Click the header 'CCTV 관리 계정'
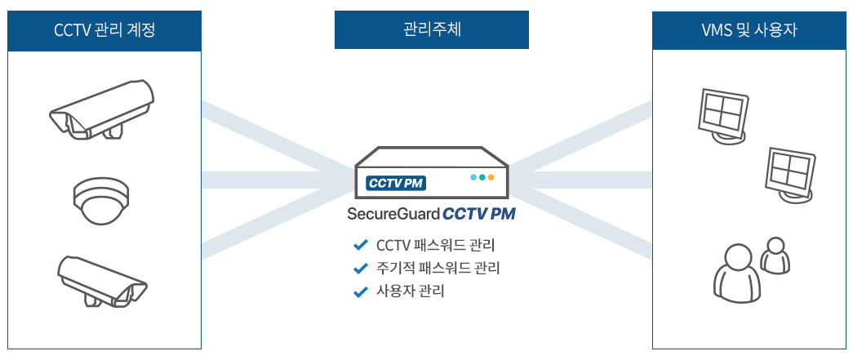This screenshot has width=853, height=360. pos(104,31)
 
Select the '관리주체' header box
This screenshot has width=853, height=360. pos(432,31)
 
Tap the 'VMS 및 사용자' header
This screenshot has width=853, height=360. pos(749,31)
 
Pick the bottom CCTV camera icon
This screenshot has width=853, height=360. pos(101,280)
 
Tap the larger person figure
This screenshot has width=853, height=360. pos(735,272)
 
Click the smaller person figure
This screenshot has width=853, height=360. pos(775,255)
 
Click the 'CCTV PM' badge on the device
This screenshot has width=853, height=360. pos(395,183)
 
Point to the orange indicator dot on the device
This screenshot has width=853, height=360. pos(491,177)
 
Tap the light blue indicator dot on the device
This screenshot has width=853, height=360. pos(473,177)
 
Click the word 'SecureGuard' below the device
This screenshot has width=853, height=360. pos(393,216)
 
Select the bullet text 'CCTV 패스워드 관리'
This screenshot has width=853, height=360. pos(436,245)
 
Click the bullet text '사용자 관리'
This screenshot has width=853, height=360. pos(411,291)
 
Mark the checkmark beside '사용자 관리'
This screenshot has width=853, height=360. pos(360,291)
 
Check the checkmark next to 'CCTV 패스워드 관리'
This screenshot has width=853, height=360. pos(360,245)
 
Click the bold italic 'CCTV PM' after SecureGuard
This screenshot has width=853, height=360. pos(479,216)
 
